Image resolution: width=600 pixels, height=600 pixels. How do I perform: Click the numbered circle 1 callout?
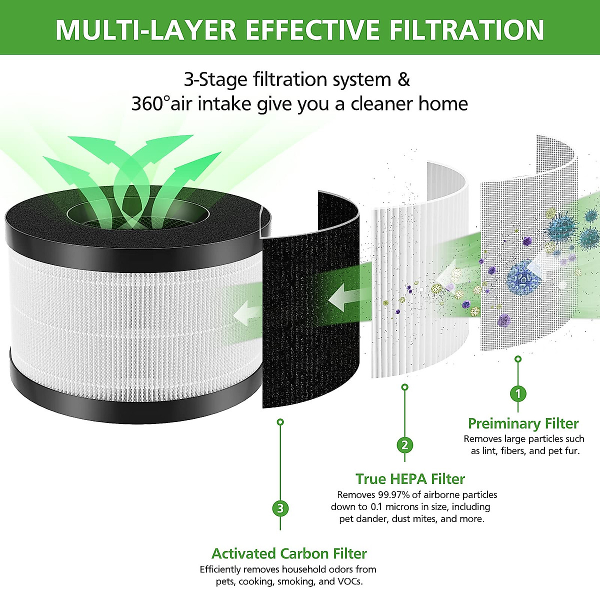(518, 393)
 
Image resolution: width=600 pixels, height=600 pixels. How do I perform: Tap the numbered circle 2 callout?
(404, 444)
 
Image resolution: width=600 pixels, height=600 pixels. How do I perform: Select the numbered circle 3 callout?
(280, 508)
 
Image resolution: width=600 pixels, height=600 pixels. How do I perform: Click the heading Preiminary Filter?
(523, 423)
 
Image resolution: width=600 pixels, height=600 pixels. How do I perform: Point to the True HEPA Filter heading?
(410, 479)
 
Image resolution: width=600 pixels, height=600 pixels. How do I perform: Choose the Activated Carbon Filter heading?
(289, 553)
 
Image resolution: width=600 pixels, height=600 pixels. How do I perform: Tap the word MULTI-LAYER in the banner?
(145, 30)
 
